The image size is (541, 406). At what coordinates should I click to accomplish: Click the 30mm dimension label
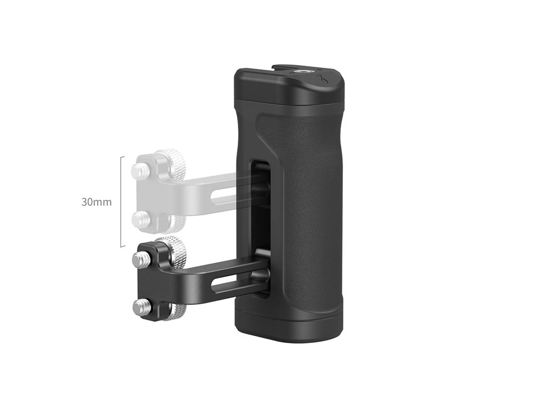(97, 202)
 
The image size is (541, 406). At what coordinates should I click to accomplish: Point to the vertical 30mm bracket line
(121, 201)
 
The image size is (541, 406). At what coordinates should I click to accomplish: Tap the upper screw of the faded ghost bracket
(139, 169)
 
